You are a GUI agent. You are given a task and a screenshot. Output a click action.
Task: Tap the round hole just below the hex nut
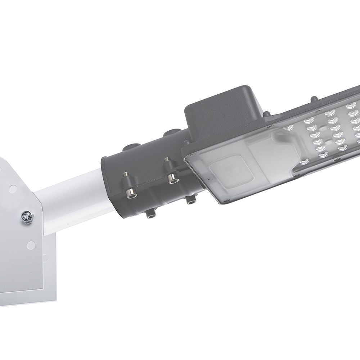31,245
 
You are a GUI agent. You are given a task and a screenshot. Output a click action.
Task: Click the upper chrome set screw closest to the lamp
172,177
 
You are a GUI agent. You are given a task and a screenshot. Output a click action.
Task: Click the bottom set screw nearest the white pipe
149,216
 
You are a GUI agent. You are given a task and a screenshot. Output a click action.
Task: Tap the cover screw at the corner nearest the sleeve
187,153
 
